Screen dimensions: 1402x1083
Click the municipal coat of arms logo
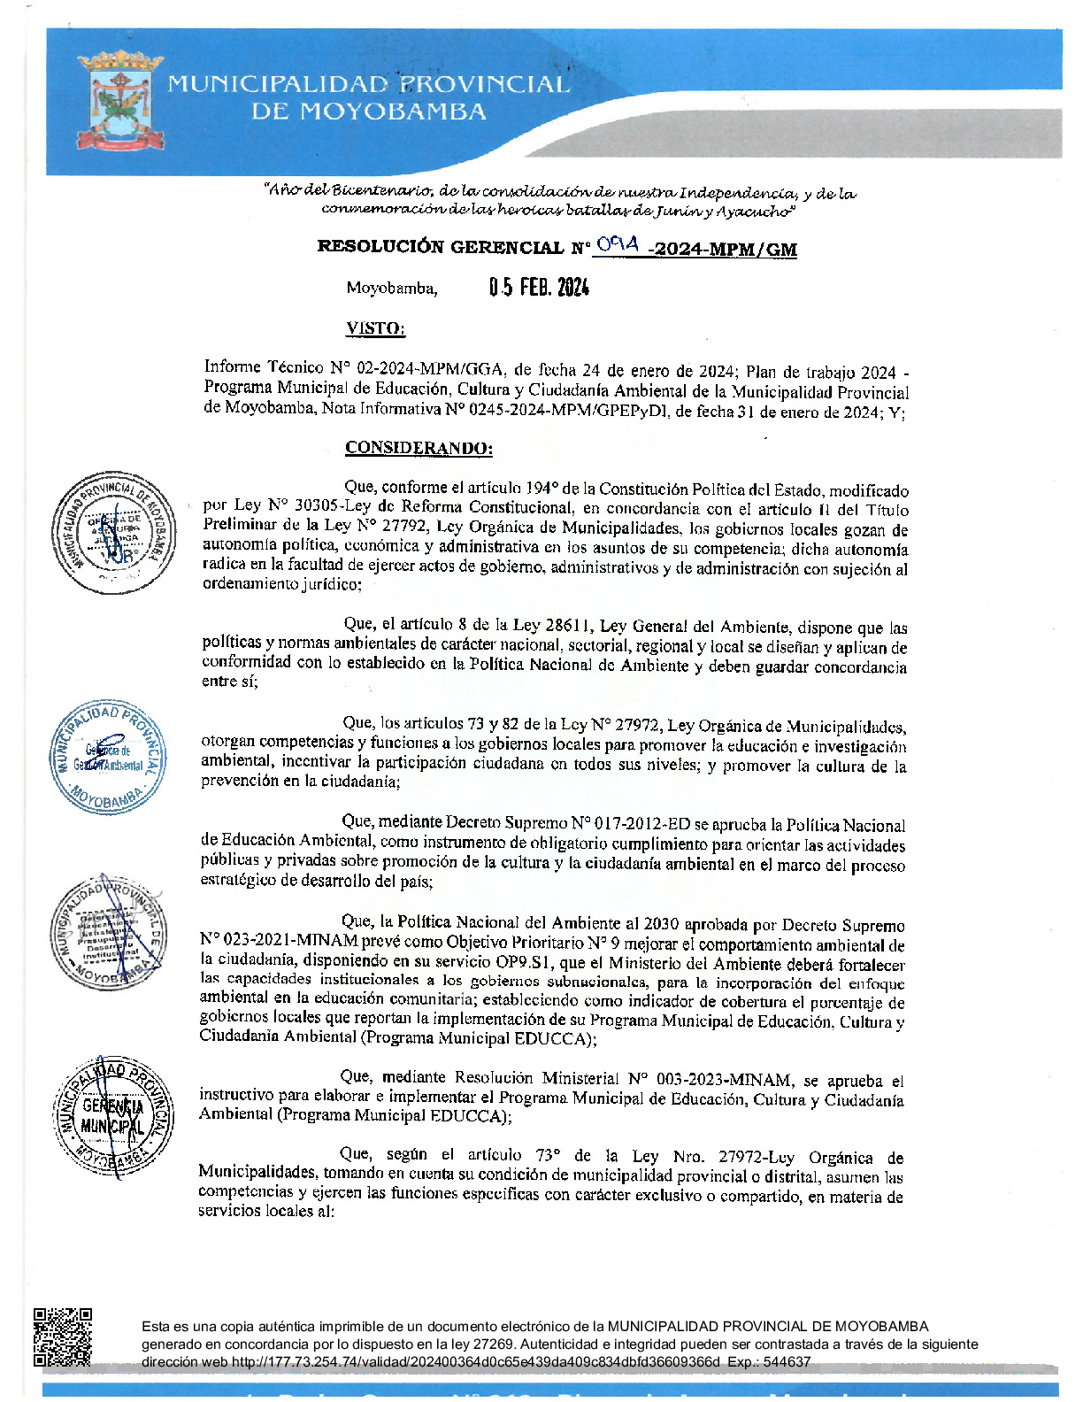click(x=120, y=102)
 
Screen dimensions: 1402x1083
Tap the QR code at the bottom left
click(x=63, y=1337)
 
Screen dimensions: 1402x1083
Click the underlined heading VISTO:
click(x=375, y=328)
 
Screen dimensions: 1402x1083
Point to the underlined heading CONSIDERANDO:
click(x=419, y=448)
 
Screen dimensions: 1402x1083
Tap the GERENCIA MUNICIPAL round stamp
click(x=113, y=1116)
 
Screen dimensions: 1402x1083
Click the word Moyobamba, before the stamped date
click(x=391, y=289)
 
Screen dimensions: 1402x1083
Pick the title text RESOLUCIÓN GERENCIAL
click(x=441, y=248)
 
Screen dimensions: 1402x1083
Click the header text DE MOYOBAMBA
click(x=368, y=112)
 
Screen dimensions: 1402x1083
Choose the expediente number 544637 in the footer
click(x=787, y=1362)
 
